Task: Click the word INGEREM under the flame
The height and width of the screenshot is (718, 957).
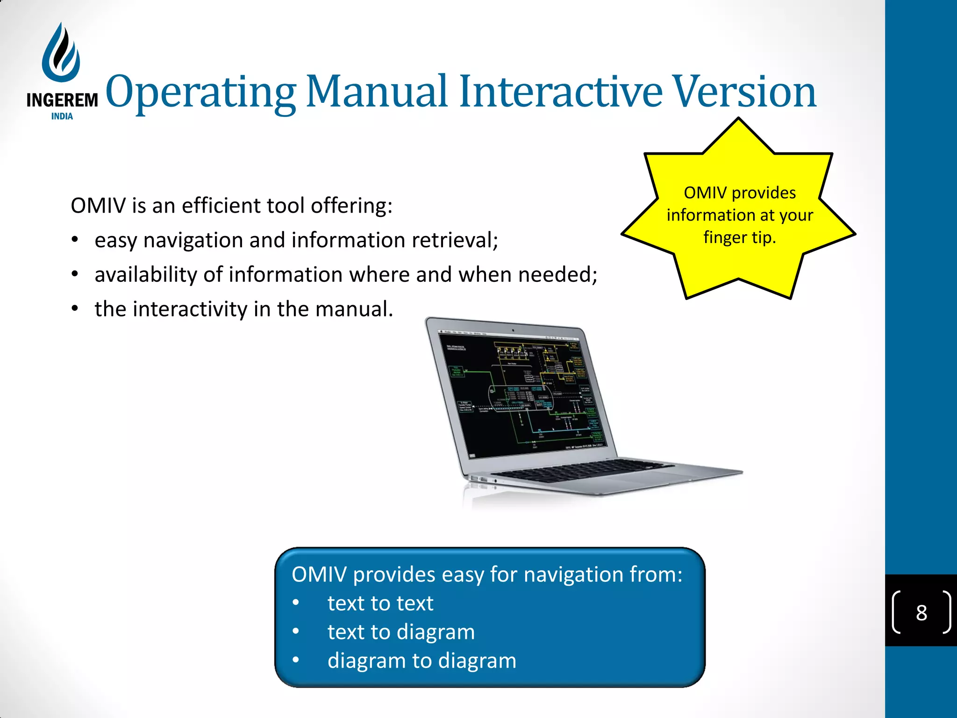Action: [x=62, y=100]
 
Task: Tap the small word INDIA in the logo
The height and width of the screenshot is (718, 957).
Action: [x=62, y=116]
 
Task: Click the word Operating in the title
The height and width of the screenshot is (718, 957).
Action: [x=201, y=92]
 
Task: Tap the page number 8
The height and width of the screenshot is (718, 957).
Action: [x=921, y=613]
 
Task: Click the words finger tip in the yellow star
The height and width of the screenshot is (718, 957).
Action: [x=740, y=237]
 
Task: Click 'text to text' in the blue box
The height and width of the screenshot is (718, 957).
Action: [x=380, y=603]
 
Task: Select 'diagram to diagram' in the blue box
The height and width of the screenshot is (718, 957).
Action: [x=421, y=661]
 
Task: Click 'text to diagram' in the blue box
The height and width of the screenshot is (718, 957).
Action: [x=401, y=632]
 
